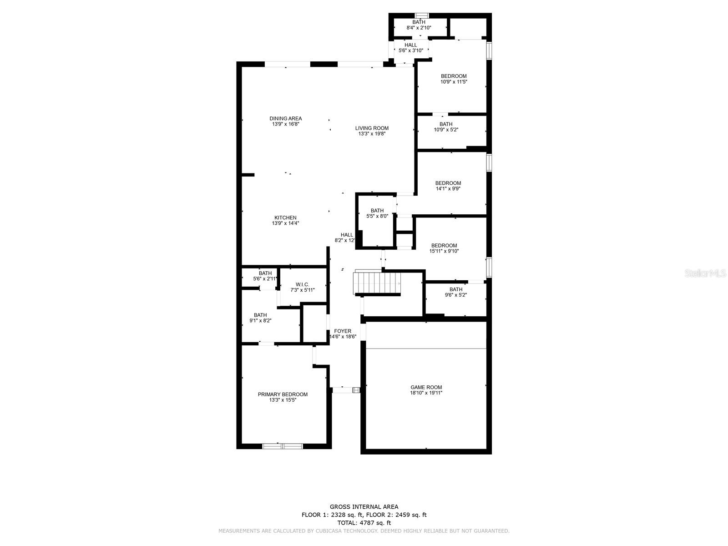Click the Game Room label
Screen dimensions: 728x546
click(426, 387)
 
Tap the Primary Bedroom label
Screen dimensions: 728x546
click(283, 394)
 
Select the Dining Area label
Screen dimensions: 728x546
click(286, 118)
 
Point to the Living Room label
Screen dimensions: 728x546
click(372, 128)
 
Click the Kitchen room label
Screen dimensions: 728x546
click(285, 217)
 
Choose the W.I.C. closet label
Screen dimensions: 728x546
click(303, 284)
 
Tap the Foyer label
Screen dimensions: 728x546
click(343, 331)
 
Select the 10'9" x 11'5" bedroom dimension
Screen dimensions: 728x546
click(454, 81)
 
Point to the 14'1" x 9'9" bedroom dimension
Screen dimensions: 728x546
click(448, 189)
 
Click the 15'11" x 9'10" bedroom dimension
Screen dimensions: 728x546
click(444, 251)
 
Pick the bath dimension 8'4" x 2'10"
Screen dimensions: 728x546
click(419, 28)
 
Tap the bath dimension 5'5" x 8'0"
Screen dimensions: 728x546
click(377, 216)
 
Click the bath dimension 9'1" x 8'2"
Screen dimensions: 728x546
click(260, 321)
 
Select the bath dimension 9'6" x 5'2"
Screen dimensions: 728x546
click(456, 295)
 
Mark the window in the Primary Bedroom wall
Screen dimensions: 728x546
click(283, 446)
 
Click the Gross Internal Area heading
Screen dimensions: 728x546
click(364, 506)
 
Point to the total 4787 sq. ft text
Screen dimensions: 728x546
click(364, 523)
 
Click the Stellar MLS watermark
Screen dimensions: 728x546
click(705, 273)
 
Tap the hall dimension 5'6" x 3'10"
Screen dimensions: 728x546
click(410, 51)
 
